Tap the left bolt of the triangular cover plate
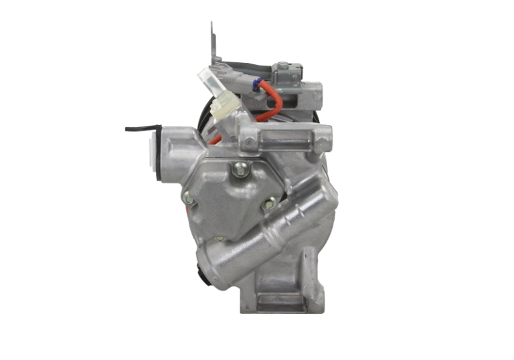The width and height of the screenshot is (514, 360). click(x=189, y=198)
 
